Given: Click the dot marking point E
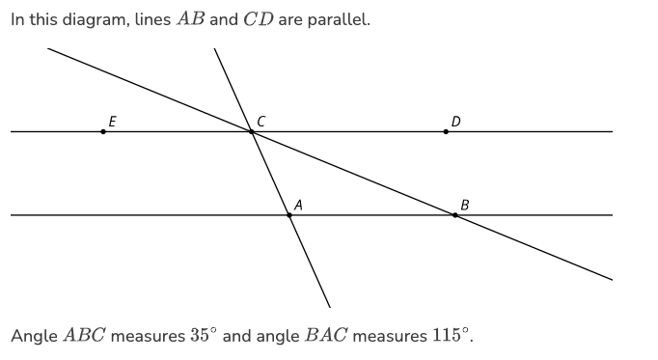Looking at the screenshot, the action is click(103, 132).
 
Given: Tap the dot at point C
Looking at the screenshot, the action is click(252, 132).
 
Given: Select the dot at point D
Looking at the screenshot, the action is click(446, 132).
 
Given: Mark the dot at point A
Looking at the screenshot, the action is click(289, 215).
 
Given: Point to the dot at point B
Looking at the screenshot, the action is click(454, 215).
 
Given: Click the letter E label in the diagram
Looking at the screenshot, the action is click(113, 122).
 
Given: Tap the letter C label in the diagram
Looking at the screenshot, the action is click(260, 122).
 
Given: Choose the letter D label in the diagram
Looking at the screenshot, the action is click(455, 122).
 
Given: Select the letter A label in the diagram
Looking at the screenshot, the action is click(298, 206).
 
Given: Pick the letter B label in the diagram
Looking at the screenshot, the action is click(464, 206).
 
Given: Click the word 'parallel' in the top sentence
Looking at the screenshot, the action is click(339, 19).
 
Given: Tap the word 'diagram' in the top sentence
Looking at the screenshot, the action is click(96, 19).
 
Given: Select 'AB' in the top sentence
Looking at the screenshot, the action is click(190, 19).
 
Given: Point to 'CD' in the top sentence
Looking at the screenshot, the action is click(259, 19).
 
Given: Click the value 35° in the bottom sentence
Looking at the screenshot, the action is click(204, 335).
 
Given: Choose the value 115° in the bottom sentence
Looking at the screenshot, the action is click(448, 335).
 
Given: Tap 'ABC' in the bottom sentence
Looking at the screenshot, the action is click(84, 335).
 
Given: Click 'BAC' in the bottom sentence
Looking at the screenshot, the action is click(326, 335).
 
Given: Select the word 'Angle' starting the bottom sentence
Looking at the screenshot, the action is click(34, 336).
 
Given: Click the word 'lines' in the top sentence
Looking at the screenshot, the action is click(152, 19).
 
